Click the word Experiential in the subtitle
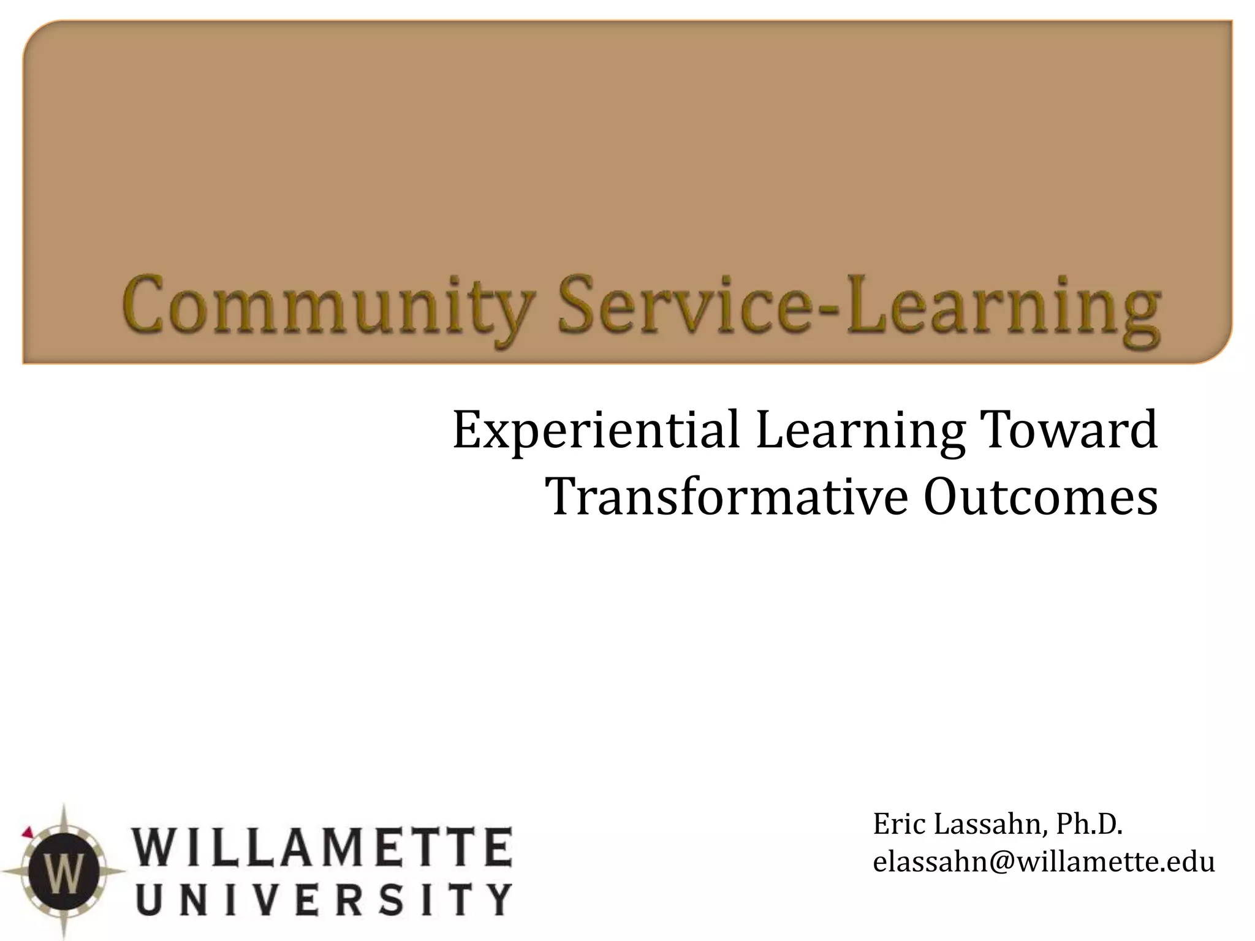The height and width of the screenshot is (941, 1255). (596, 430)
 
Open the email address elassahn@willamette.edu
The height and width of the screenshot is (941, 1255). (1044, 862)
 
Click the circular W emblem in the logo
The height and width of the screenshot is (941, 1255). (63, 871)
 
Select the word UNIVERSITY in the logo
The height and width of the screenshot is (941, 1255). (322, 899)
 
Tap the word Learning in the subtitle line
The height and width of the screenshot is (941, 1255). (860, 430)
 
